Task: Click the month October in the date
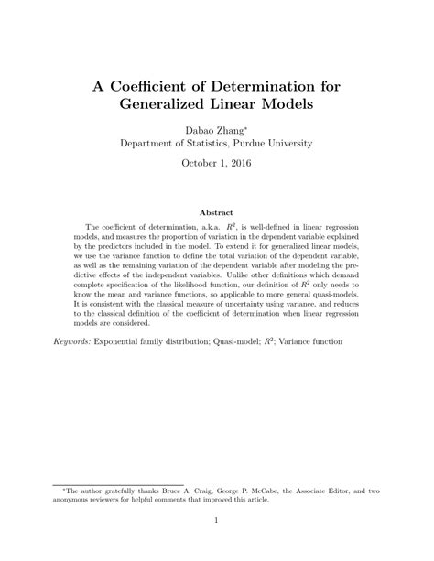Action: [195, 164]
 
